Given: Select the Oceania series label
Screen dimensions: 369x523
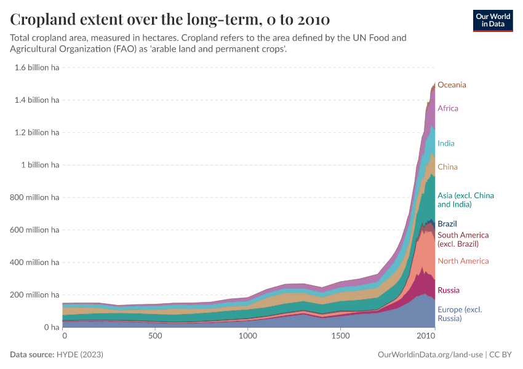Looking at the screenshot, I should click(452, 85).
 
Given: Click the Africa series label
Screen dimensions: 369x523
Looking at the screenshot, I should click(448, 108).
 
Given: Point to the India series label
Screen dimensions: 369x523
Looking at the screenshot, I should click(446, 143).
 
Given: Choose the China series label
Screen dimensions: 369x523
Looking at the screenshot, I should click(447, 167).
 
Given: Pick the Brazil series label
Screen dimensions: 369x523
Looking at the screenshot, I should click(447, 224).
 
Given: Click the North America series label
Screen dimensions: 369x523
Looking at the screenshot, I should click(463, 261).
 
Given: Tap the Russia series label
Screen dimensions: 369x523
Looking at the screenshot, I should click(449, 290).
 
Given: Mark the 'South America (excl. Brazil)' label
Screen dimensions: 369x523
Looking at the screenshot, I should click(463, 239).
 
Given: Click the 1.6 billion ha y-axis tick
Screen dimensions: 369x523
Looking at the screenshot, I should click(36, 67).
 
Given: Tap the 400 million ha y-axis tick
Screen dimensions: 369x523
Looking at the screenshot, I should click(34, 263).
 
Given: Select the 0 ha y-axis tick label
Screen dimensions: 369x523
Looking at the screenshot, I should click(50, 328).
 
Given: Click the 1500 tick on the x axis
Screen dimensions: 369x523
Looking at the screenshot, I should click(340, 337).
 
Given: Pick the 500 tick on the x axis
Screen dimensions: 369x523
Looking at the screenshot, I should click(156, 337).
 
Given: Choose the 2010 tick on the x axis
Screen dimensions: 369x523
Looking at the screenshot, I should click(426, 337).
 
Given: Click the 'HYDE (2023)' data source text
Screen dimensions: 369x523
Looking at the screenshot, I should click(80, 355).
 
